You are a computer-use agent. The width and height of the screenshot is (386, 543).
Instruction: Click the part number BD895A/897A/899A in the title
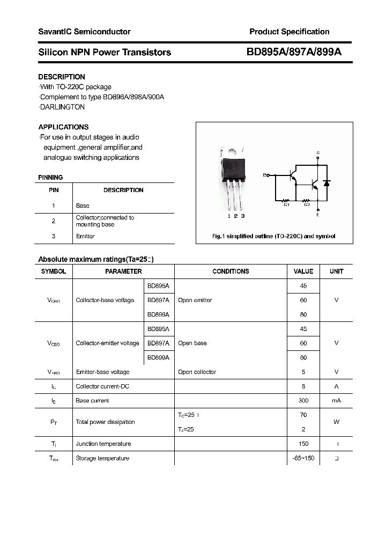coord(294,52)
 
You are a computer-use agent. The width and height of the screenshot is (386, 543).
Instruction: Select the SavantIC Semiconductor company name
coord(84,32)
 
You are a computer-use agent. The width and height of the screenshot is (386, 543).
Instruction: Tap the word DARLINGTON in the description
coord(62,107)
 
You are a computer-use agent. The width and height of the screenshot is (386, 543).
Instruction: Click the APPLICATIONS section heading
coord(63,127)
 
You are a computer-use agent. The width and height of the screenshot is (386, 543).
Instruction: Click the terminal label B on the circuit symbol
coord(264,175)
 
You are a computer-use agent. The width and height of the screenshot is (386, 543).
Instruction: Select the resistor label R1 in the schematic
coord(286,204)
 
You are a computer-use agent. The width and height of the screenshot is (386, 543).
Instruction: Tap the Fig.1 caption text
coord(274,236)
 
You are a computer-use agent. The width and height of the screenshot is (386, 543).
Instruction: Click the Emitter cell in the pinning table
coord(85,236)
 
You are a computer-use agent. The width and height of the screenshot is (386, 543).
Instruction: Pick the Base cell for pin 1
coord(83,206)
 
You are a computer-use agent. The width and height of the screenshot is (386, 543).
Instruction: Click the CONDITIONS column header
coord(231,271)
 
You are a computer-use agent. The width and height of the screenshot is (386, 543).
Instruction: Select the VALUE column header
coord(303,271)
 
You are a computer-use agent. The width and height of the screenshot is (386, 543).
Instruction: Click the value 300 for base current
coord(303,401)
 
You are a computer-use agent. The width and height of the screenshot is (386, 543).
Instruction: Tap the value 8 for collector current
coord(303,386)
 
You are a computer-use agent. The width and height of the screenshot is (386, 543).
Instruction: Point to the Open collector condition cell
coord(197,372)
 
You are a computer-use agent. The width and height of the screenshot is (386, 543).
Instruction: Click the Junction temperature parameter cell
coord(103,444)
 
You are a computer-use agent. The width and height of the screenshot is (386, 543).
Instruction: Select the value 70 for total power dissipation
coord(303,415)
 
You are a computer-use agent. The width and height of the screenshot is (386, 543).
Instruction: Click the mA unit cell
coord(336,401)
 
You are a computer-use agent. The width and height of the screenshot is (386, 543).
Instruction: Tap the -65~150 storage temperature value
coord(303,458)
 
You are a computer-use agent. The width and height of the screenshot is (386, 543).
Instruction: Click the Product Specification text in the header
coord(289,32)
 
